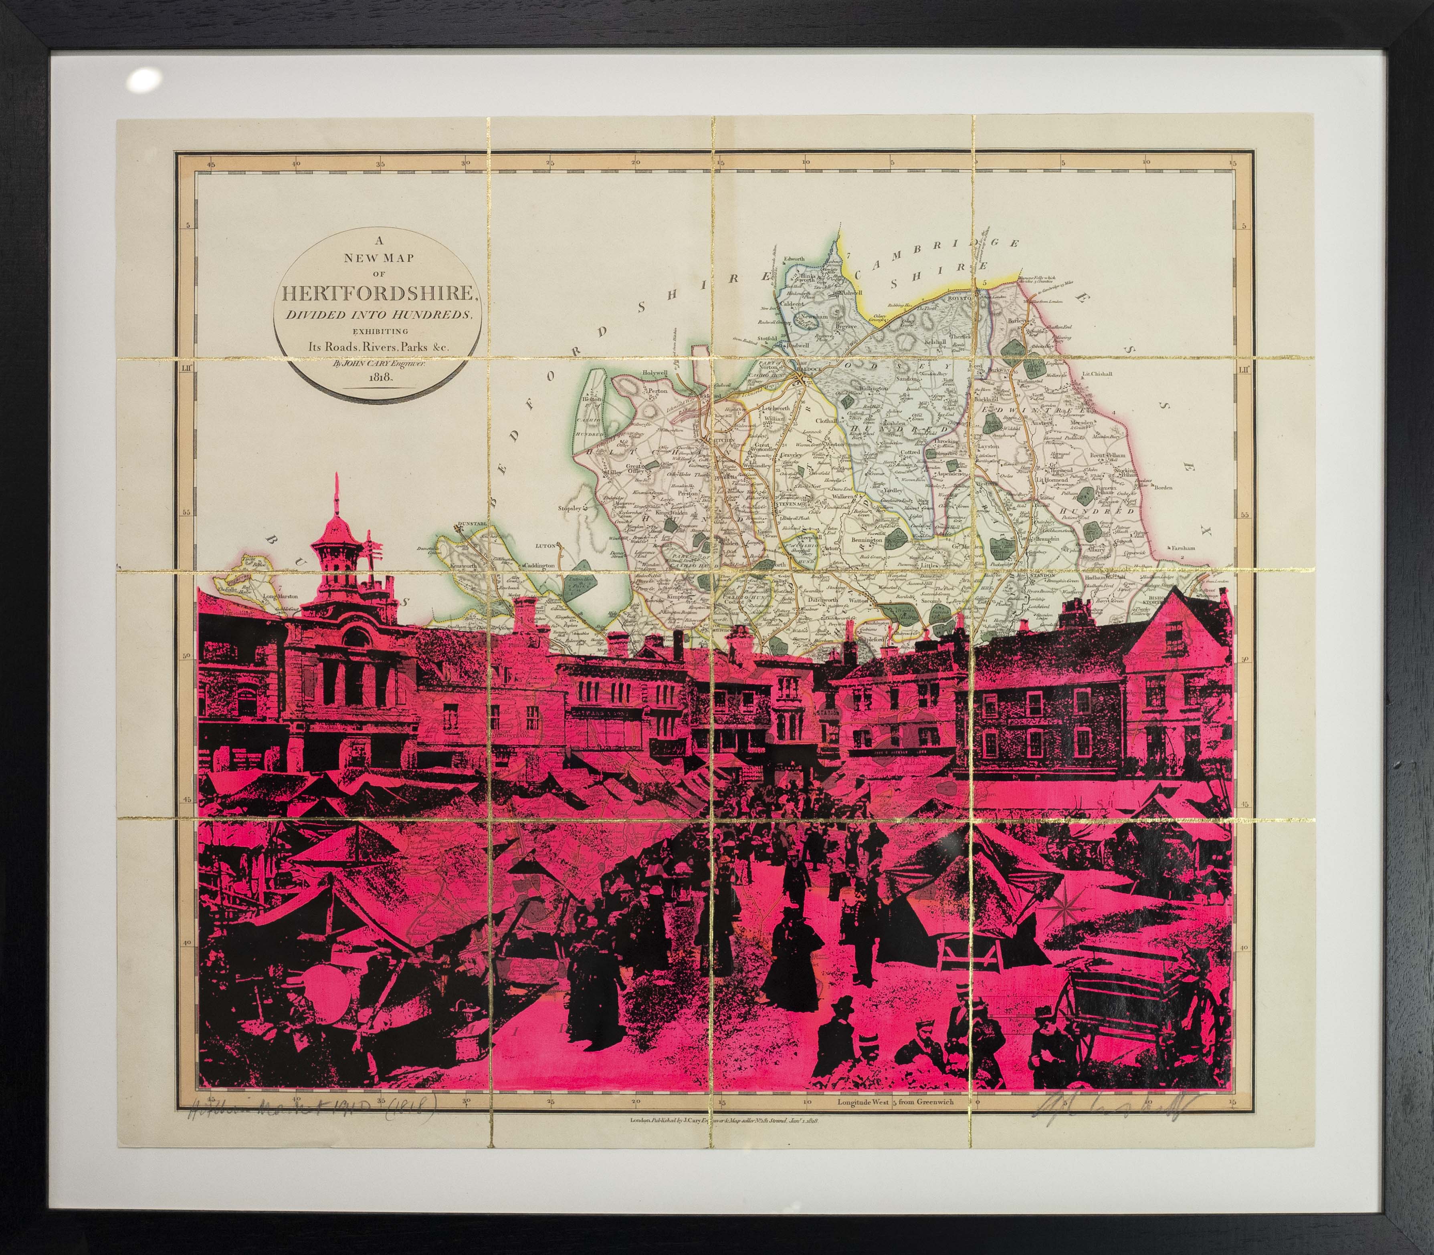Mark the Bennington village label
tap(866, 541)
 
